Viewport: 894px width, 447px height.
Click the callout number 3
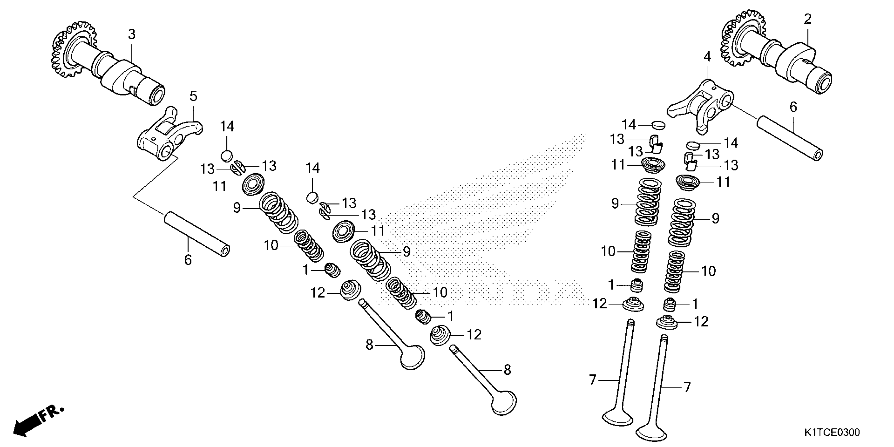[x=131, y=34]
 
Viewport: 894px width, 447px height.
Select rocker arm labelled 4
[x=701, y=108]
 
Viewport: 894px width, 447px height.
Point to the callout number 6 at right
[x=793, y=108]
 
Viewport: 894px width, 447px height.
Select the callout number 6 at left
[x=188, y=260]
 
